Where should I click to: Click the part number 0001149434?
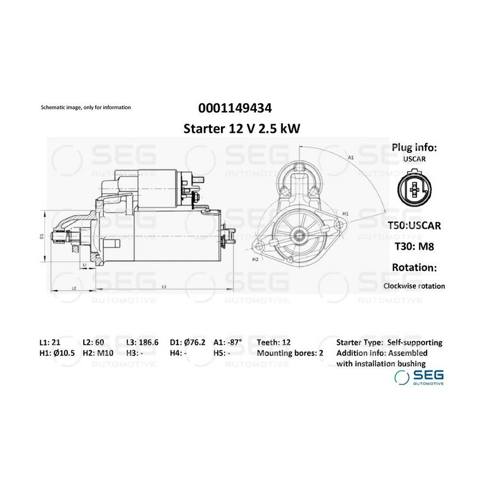235,108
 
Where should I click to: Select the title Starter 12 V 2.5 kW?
241,129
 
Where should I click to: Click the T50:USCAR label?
414,225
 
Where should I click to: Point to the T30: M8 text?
414,246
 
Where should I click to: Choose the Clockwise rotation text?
414,286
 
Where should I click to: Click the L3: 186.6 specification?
143,343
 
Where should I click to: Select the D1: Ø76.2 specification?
187,343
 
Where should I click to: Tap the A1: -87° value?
228,343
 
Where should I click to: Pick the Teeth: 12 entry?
274,343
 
